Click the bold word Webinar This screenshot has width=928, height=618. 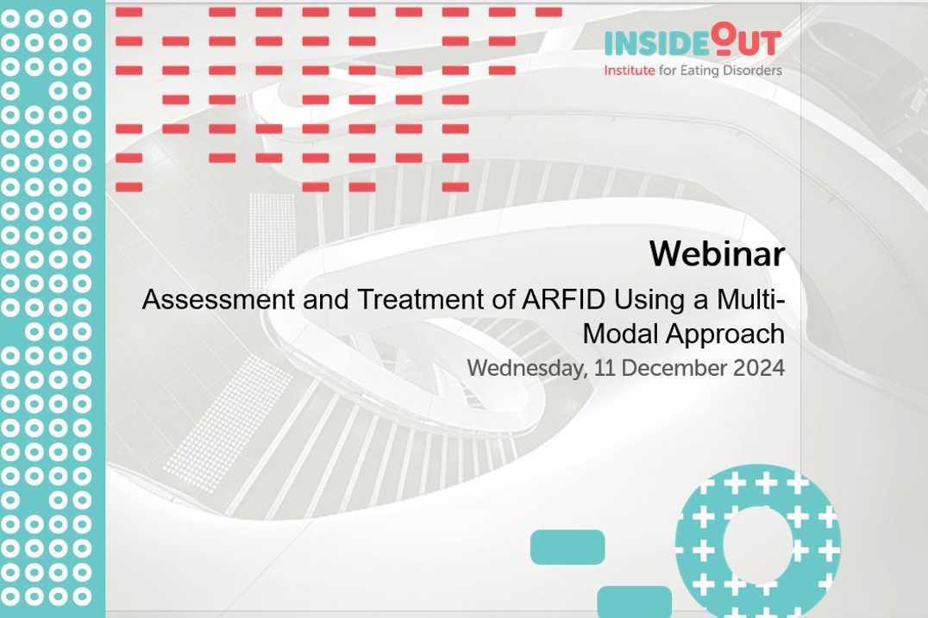[x=717, y=253]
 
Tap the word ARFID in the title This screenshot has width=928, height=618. [x=563, y=299]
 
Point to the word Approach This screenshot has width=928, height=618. [x=725, y=334]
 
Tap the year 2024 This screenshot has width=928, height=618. [x=759, y=368]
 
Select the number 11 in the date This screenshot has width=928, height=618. [x=605, y=368]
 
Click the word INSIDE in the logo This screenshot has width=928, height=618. [x=655, y=44]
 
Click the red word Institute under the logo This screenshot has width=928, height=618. [x=629, y=71]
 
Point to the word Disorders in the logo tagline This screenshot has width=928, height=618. [x=752, y=71]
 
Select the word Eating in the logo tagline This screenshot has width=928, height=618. [x=699, y=71]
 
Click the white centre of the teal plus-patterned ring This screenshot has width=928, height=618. [x=757, y=544]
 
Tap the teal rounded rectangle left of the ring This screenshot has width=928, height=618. [x=567, y=547]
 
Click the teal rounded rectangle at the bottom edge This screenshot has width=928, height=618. [x=635, y=602]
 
